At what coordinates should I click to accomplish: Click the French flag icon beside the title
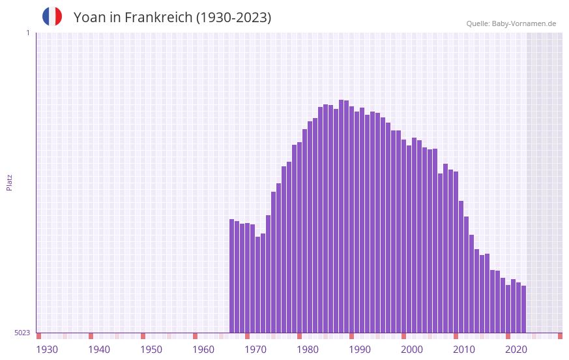(52, 16)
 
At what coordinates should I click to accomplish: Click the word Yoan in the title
(88, 18)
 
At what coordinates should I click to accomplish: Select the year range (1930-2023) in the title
(233, 18)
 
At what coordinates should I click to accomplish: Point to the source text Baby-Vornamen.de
(524, 23)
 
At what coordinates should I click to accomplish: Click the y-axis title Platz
(9, 182)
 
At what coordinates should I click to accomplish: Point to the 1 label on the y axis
(27, 33)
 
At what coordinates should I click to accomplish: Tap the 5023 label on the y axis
(23, 333)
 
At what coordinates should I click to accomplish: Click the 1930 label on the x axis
(47, 350)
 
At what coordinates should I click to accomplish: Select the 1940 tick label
(99, 350)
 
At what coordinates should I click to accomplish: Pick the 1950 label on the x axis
(151, 350)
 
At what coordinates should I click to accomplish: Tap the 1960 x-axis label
(203, 350)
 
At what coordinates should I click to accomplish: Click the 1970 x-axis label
(255, 350)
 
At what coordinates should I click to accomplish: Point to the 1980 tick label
(308, 350)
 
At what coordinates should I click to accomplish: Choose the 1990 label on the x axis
(360, 350)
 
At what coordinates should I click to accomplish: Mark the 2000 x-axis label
(412, 350)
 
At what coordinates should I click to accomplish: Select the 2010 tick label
(464, 350)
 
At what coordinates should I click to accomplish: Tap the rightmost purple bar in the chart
(523, 309)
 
